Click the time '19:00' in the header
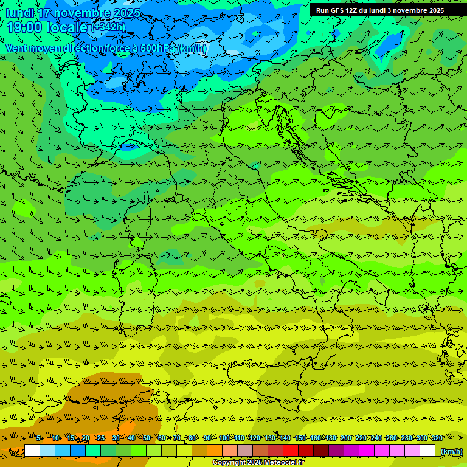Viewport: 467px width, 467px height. point(25,27)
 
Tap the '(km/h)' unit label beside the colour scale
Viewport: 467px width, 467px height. point(451,451)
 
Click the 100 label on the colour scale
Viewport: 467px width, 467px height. point(224,438)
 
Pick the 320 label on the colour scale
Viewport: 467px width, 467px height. point(437,438)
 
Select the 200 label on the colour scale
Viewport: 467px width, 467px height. point(346,438)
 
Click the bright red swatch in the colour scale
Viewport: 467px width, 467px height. point(291,451)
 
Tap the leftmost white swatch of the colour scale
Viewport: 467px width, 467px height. point(32,451)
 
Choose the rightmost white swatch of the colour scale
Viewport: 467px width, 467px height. point(427,451)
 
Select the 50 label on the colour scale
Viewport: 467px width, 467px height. point(147,438)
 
